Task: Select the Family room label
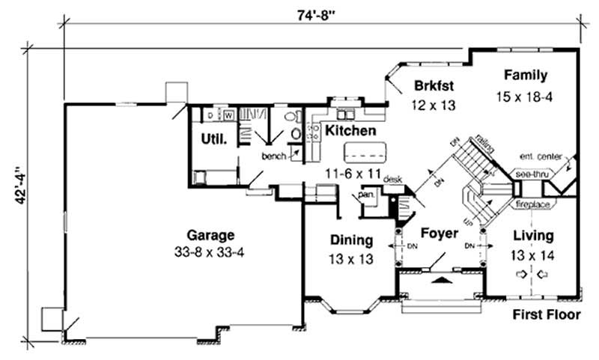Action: tap(525, 75)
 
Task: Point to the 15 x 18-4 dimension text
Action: tap(525, 97)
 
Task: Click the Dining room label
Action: tap(351, 240)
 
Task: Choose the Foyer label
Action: tap(439, 234)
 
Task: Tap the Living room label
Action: tap(534, 235)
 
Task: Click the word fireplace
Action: tap(532, 204)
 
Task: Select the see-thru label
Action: tap(532, 174)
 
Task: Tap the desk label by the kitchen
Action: tap(393, 180)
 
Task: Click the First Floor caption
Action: tap(546, 315)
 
